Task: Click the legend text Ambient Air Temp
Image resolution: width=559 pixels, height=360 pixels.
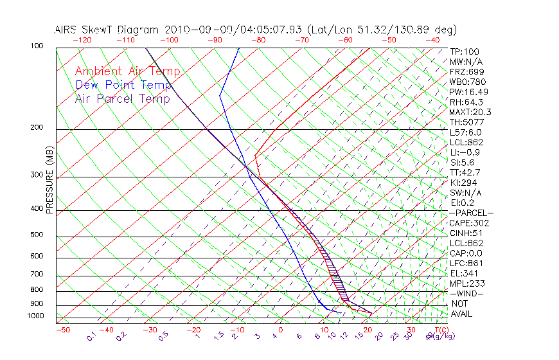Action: point(127,71)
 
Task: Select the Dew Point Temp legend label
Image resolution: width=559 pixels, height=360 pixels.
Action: point(123,85)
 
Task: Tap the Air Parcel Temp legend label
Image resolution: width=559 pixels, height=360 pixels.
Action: point(122,98)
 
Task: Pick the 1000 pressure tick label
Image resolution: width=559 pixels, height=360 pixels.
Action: point(36,316)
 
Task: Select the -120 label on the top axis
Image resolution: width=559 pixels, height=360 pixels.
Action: point(82,40)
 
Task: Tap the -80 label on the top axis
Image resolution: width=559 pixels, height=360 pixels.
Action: point(258,40)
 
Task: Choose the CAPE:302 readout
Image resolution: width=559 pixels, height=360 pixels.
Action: point(469,223)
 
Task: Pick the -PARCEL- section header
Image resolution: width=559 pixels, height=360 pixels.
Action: point(471,213)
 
